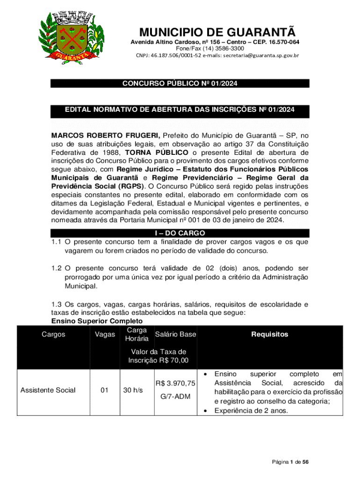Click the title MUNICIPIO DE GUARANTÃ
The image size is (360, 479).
217,33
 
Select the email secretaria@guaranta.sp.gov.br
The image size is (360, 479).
251,56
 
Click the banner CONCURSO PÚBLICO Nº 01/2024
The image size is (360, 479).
180,84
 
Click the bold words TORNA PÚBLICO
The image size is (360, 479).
157,152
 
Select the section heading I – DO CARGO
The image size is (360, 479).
180,233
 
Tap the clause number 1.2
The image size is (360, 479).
56,269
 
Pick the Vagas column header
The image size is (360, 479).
105,334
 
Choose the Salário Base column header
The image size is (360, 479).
175,334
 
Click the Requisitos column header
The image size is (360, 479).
270,334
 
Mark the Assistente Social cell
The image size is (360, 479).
48,390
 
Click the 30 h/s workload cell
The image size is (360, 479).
133,390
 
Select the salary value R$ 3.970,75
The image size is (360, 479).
175,384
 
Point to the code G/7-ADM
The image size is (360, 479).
175,397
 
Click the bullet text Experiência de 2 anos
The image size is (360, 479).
252,411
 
